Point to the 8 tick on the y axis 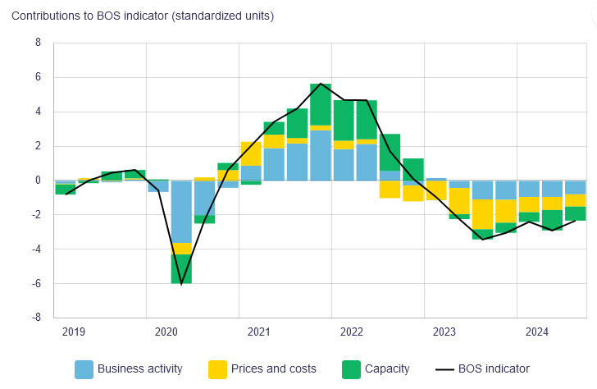[38, 43]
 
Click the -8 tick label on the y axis [35, 318]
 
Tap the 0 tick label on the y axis [38, 181]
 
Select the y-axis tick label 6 [38, 77]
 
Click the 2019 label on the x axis [73, 332]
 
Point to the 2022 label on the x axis [351, 332]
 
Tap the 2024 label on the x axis [537, 332]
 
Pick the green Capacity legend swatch [351, 368]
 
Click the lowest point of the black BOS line [181, 283]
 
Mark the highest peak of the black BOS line [321, 84]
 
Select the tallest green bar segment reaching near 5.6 [321, 104]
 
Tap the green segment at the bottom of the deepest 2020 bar [181, 268]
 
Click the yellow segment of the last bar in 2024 [575, 200]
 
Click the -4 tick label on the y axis [35, 249]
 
